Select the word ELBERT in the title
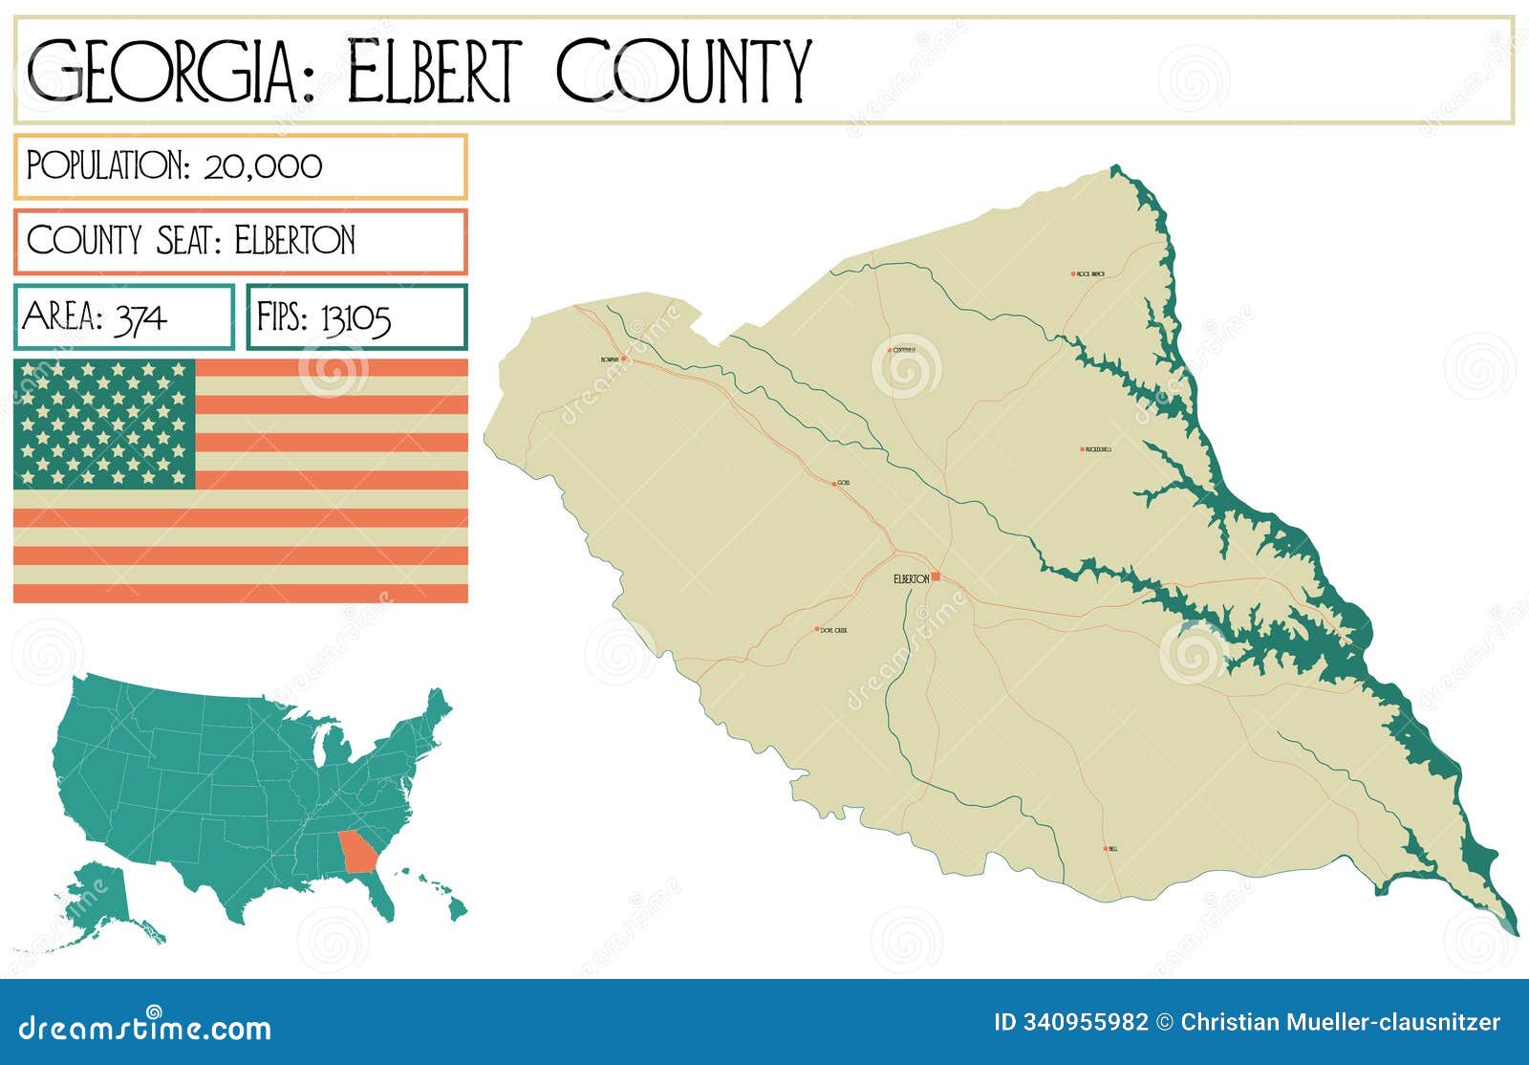click(x=434, y=72)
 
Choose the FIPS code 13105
click(x=355, y=317)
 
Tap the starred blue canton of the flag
click(x=104, y=424)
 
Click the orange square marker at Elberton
click(x=936, y=576)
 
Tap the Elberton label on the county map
click(x=910, y=579)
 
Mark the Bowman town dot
click(x=623, y=359)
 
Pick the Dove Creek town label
click(x=833, y=631)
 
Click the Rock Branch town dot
click(x=1073, y=273)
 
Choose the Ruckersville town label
click(x=1098, y=449)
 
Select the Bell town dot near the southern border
click(x=1106, y=848)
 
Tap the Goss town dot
click(x=834, y=484)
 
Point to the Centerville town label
click(x=904, y=350)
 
